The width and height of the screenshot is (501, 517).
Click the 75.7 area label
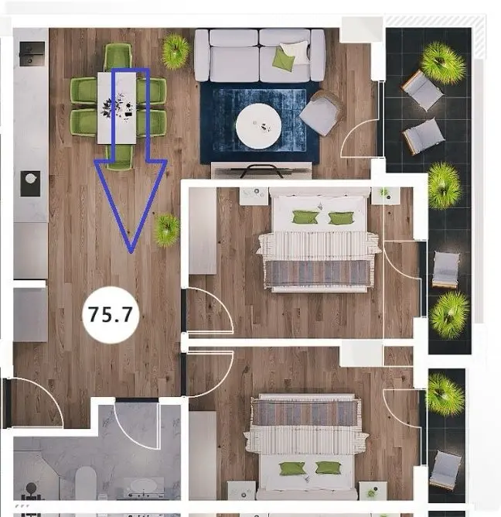tap(111, 314)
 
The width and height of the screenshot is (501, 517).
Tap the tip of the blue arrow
tap(131, 252)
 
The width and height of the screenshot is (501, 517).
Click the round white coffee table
tap(258, 126)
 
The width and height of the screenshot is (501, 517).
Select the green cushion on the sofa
tap(283, 60)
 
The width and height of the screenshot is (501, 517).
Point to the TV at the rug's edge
tap(261, 170)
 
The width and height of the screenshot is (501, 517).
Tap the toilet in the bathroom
tap(86, 483)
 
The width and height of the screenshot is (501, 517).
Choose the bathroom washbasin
tap(144, 487)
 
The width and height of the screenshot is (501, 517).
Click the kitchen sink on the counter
tap(31, 183)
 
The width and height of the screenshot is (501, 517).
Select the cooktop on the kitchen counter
tap(32, 53)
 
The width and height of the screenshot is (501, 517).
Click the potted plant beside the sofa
tap(176, 51)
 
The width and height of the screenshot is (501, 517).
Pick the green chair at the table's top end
tap(118, 57)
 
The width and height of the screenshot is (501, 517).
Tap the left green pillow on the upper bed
tap(305, 217)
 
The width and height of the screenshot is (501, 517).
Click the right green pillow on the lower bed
tap(328, 468)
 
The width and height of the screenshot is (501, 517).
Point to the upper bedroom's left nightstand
tap(253, 196)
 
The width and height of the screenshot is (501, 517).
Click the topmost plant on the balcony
tap(443, 63)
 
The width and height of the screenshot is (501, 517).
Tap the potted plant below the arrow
tap(167, 230)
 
